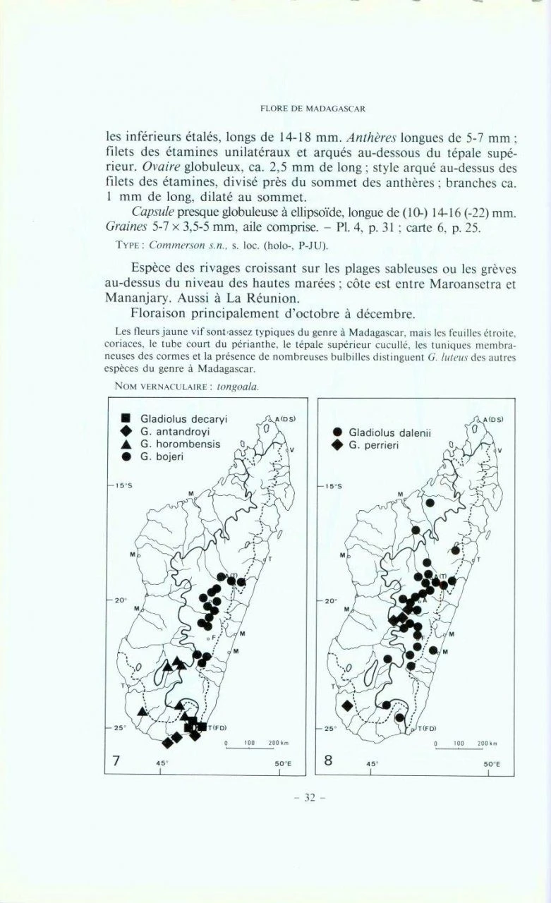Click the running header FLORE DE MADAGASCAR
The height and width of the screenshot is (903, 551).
(x=312, y=109)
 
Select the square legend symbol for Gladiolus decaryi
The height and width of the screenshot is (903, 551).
(x=126, y=418)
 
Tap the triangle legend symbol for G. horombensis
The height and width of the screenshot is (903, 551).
(x=126, y=444)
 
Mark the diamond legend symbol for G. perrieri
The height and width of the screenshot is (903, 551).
(x=337, y=446)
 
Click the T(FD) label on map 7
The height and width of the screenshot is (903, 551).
(x=216, y=728)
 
